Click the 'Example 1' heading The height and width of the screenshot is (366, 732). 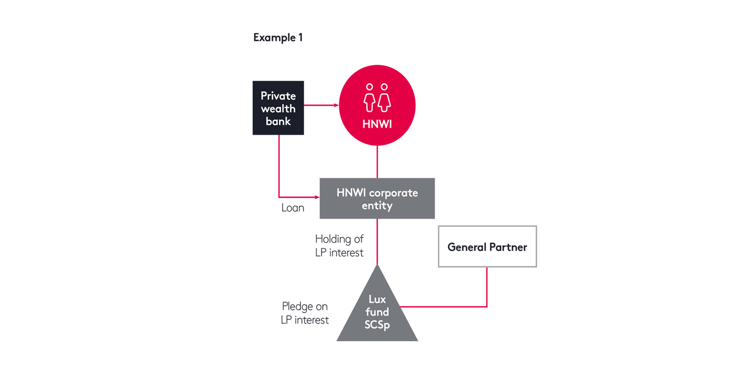pyautogui.click(x=278, y=38)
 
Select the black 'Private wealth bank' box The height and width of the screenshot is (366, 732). pyautogui.click(x=278, y=108)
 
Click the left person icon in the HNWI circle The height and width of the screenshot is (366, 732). pyautogui.click(x=370, y=98)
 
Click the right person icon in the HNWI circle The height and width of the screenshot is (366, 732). pyautogui.click(x=384, y=98)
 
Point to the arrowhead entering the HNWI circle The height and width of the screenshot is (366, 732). pyautogui.click(x=335, y=105)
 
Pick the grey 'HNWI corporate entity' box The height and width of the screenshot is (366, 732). pyautogui.click(x=377, y=198)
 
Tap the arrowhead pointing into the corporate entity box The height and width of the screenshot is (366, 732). pyautogui.click(x=316, y=197)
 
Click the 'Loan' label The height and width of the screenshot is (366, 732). pyautogui.click(x=293, y=208)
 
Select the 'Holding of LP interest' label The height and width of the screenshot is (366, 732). pyautogui.click(x=340, y=246)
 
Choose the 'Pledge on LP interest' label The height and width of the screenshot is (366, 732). pyautogui.click(x=305, y=313)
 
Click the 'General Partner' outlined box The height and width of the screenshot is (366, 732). pyautogui.click(x=487, y=247)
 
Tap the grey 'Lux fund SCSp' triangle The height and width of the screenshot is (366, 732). pyautogui.click(x=377, y=315)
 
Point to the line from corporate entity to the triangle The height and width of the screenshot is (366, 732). pyautogui.click(x=377, y=241)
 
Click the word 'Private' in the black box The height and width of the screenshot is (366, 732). pyautogui.click(x=278, y=96)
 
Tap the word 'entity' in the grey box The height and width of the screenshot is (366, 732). pyautogui.click(x=377, y=206)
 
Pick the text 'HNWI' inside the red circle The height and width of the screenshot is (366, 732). pyautogui.click(x=377, y=124)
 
